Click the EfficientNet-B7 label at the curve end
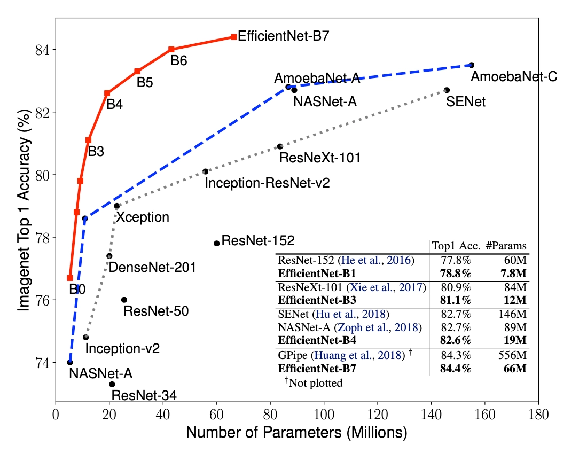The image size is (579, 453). pyautogui.click(x=283, y=37)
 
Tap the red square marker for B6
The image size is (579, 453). pyautogui.click(x=171, y=49)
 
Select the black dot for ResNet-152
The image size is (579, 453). pyautogui.click(x=216, y=243)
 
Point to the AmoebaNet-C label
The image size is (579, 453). pyautogui.click(x=514, y=77)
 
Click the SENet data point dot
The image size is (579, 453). pyautogui.click(x=447, y=90)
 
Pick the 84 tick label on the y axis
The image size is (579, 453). pyautogui.click(x=41, y=50)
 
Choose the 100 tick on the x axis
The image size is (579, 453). pyautogui.click(x=324, y=414)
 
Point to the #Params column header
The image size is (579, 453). pyautogui.click(x=506, y=246)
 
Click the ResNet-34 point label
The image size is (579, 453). pyautogui.click(x=144, y=396)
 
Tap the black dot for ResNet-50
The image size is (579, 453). pyautogui.click(x=124, y=300)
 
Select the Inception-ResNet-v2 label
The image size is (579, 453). pyautogui.click(x=267, y=183)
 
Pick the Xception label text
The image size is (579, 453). pyautogui.click(x=143, y=217)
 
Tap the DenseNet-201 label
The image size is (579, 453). pyautogui.click(x=152, y=267)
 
